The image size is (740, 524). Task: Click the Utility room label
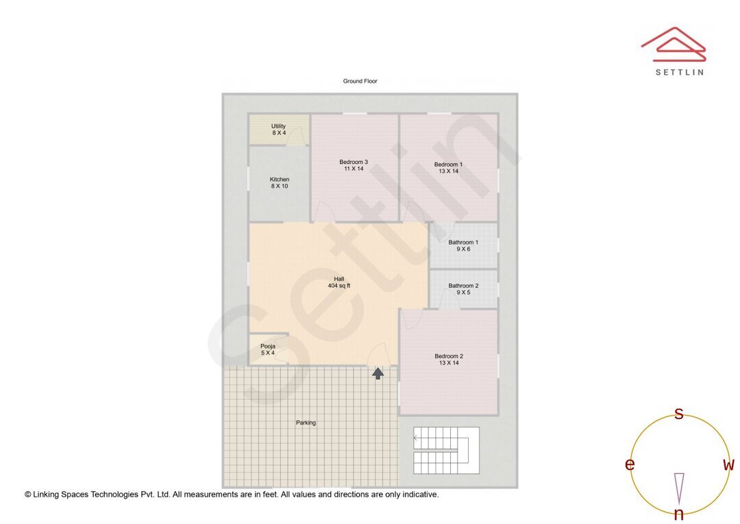coord(278,130)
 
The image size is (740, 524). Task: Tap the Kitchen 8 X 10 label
coord(280,183)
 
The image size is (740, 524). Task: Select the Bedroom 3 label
coord(354,165)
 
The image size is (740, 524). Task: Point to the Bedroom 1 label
coord(448,168)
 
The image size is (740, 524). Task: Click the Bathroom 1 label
coord(463,246)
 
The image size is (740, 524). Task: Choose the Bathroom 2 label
coord(463,289)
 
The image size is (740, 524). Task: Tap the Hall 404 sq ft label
coord(339,283)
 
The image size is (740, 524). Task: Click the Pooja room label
coord(268,350)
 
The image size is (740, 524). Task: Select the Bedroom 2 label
coord(449,359)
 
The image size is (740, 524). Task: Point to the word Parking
coord(306,423)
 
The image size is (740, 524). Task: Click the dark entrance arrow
coord(378,373)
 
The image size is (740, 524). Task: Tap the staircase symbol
coord(446,451)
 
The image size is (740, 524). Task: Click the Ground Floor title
coord(360,81)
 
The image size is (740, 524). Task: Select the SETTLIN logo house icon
coord(674,45)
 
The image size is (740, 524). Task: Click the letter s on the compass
coord(678,414)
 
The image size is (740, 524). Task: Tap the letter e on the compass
coord(630,465)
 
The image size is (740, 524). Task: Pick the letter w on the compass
coord(728,465)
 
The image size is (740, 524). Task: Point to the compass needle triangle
coord(679,488)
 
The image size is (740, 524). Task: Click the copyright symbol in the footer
coord(28,495)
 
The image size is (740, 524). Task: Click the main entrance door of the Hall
coord(378,355)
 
